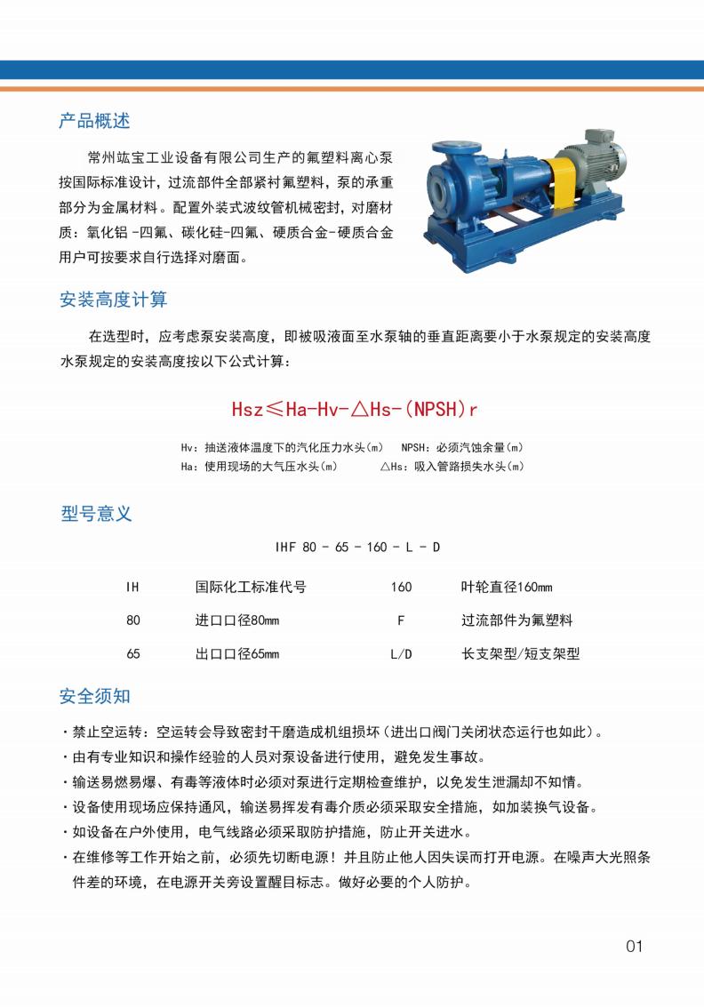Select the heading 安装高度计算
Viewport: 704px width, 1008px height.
(x=113, y=300)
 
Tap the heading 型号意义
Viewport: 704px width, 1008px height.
(x=96, y=514)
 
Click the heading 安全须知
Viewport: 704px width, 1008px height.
(x=95, y=696)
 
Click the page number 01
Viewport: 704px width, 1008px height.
(x=634, y=946)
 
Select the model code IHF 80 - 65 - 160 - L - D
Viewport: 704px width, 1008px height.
(x=358, y=547)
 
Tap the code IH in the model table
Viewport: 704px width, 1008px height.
(x=133, y=587)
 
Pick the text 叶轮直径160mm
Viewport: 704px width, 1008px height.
(x=507, y=587)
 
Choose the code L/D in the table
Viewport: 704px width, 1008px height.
(x=402, y=654)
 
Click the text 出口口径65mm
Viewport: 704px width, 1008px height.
(x=237, y=654)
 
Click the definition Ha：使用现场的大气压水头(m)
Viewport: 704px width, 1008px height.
(x=259, y=466)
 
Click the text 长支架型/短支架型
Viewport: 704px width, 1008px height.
(x=520, y=654)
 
